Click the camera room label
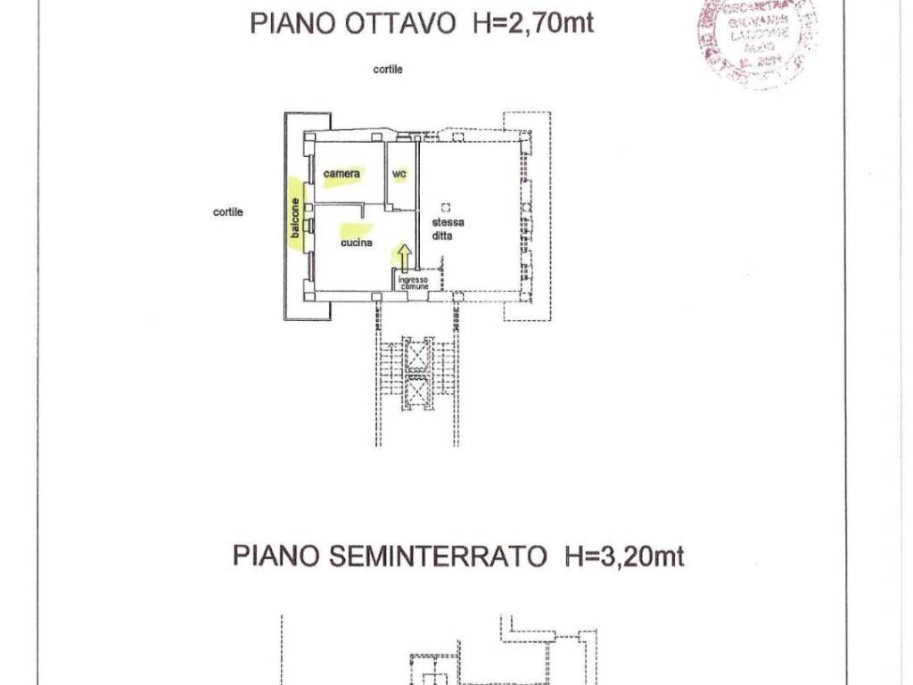341,173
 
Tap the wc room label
400,174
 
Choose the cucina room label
356,242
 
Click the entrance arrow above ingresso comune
403,259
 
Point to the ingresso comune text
414,282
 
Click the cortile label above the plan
388,70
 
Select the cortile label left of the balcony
228,212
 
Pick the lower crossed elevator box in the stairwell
417,390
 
